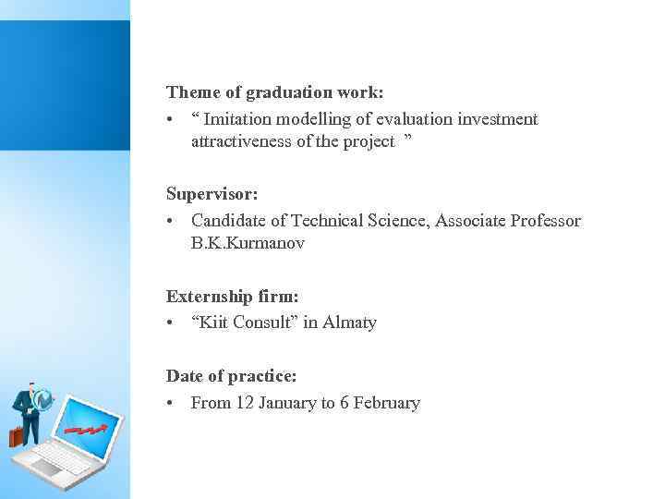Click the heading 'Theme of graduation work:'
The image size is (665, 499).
[274, 92]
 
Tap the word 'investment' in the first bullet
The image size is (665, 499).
[498, 119]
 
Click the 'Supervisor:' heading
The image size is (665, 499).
[212, 195]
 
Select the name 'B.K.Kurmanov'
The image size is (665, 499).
[248, 243]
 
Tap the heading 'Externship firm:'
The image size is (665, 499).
[232, 297]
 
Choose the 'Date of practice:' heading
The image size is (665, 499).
[231, 376]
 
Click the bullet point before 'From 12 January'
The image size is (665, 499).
[172, 403]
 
